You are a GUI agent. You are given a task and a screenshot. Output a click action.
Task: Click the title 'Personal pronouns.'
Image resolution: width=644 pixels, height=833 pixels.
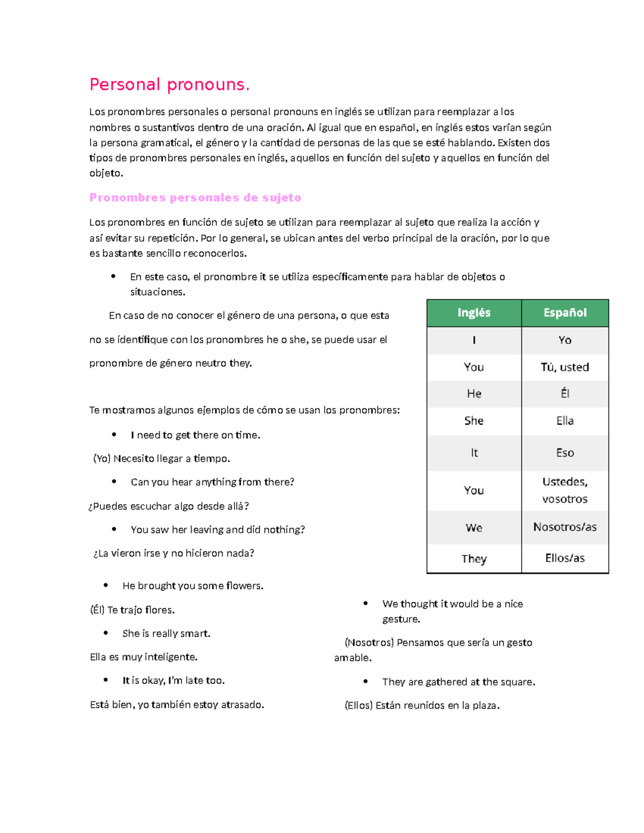click(x=169, y=85)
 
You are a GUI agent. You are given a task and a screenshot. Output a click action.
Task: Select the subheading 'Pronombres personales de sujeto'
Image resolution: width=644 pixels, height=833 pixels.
click(x=195, y=197)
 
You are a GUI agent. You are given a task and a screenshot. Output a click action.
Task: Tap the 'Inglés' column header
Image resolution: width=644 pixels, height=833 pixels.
click(x=474, y=313)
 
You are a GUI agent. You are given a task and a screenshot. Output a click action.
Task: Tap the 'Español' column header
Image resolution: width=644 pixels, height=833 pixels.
click(x=565, y=313)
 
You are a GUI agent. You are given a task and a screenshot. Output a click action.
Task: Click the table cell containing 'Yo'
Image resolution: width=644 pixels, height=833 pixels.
click(x=565, y=340)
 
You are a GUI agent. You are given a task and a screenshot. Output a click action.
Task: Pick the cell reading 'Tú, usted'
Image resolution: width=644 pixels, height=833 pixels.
click(x=565, y=367)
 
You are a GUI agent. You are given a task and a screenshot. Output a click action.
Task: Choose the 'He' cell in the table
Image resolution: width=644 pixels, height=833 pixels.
click(x=474, y=394)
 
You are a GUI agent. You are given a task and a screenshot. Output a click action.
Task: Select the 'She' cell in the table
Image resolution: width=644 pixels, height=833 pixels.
click(x=474, y=421)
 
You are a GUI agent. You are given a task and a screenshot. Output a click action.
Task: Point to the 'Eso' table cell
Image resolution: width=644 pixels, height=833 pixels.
click(x=565, y=453)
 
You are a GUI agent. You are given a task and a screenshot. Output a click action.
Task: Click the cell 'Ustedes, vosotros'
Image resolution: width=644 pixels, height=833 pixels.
click(x=565, y=490)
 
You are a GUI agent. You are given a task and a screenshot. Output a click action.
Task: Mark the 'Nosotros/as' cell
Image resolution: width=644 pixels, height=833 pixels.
click(x=565, y=527)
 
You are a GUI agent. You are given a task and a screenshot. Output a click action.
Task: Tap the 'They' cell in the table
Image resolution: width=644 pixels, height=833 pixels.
click(x=474, y=559)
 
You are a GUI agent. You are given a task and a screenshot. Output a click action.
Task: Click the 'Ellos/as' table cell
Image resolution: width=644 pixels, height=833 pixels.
click(x=565, y=558)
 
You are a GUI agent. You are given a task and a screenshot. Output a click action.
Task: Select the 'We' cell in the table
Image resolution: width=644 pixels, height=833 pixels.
click(x=474, y=528)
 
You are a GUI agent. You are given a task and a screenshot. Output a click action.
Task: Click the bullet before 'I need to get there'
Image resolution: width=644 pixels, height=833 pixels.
click(x=114, y=434)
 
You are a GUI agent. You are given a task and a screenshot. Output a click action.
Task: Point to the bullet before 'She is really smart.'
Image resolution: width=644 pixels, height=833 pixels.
click(x=106, y=633)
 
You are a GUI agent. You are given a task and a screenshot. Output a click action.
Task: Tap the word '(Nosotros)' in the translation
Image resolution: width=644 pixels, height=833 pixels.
click(x=369, y=643)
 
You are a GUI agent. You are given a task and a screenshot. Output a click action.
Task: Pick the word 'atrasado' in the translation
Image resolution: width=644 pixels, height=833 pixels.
click(x=242, y=705)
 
